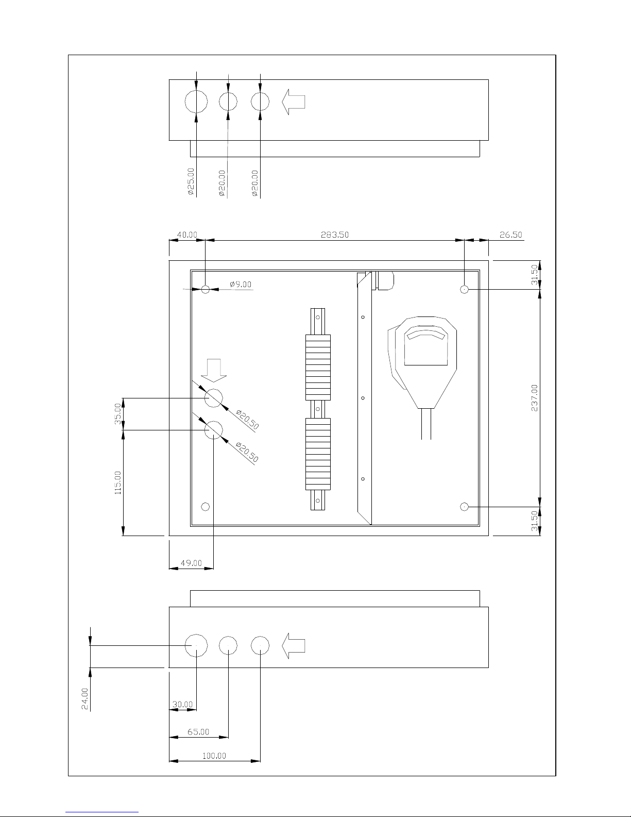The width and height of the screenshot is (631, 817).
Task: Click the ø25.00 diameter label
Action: tap(191, 181)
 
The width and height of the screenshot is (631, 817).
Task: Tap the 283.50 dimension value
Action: tap(335, 235)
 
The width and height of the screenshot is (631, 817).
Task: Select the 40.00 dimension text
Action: tap(187, 235)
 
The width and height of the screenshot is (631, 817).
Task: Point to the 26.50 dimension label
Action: tap(511, 235)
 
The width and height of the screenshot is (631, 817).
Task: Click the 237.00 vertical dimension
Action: tap(535, 398)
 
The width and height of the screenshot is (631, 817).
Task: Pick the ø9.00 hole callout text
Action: tap(241, 284)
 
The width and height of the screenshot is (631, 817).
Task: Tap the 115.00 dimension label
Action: tap(118, 483)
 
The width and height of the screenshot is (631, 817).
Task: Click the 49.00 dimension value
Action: tap(191, 563)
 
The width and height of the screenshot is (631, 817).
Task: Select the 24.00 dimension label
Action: tap(85, 698)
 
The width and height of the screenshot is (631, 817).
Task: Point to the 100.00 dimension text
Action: tap(214, 756)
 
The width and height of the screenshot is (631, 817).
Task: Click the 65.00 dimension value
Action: tap(198, 731)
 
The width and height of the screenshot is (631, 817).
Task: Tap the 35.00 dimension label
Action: tap(118, 413)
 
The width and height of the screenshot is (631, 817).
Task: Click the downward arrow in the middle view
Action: tap(214, 371)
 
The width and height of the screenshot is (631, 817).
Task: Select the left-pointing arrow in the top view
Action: tap(293, 102)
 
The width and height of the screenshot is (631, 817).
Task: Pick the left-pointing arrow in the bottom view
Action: tap(293, 646)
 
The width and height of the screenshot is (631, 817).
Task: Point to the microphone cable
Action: tap(426, 424)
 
